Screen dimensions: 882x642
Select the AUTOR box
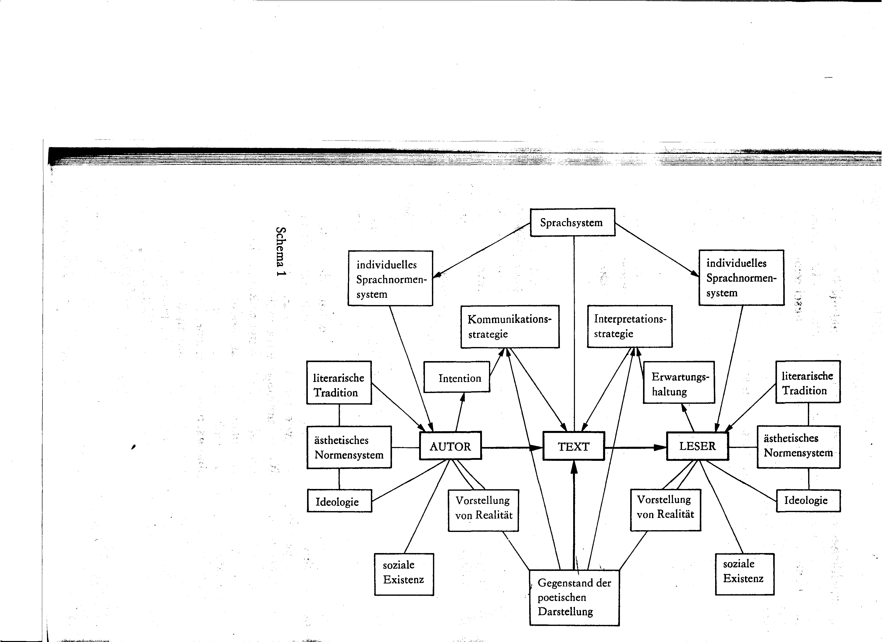(450, 446)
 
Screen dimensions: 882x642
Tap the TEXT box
(574, 446)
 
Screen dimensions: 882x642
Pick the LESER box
(698, 446)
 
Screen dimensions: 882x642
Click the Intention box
(457, 377)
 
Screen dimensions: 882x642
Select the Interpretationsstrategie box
(630, 326)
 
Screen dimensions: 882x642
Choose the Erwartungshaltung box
(679, 382)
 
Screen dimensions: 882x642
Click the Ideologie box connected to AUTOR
(339, 501)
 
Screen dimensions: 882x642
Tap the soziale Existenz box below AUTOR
(404, 574)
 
